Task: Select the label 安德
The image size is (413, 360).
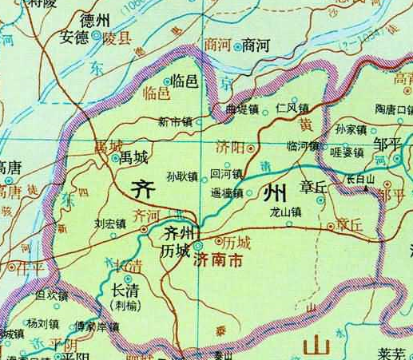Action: pyautogui.click(x=74, y=37)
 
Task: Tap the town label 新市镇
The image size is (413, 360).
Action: pyautogui.click(x=175, y=122)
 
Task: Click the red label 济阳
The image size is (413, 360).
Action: pyautogui.click(x=229, y=148)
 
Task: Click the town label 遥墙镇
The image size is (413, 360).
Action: pyautogui.click(x=226, y=192)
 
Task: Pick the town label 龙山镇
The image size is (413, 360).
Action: pyautogui.click(x=285, y=212)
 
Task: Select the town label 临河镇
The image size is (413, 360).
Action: pyautogui.click(x=303, y=147)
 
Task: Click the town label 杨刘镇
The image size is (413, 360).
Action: pyautogui.click(x=42, y=324)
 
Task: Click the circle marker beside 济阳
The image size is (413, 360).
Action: pyautogui.click(x=251, y=148)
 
